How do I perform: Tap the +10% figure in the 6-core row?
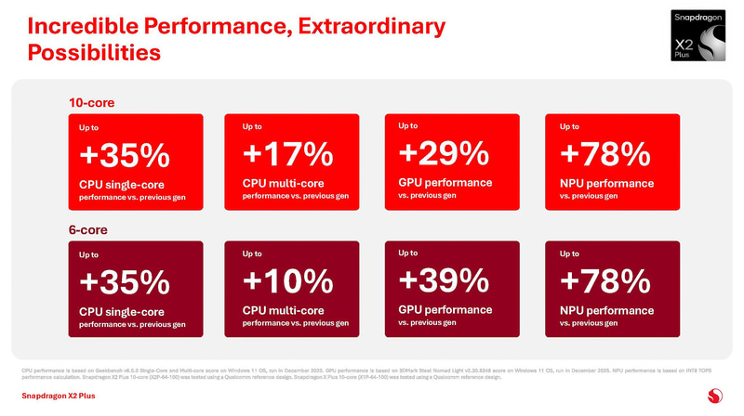point(287,280)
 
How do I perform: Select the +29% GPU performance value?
point(444,151)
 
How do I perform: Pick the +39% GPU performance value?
point(444,279)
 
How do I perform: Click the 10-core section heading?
point(92,102)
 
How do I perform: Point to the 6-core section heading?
point(89,228)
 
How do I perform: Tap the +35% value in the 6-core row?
point(124,280)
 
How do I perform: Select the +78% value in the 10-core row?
point(605,151)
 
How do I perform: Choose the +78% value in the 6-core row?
point(605,279)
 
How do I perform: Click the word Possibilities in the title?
point(93,54)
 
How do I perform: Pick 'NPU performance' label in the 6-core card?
point(606,310)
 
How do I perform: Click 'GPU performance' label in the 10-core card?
point(445,182)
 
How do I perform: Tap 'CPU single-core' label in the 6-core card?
point(124,310)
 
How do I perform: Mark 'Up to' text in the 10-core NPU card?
point(570,125)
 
